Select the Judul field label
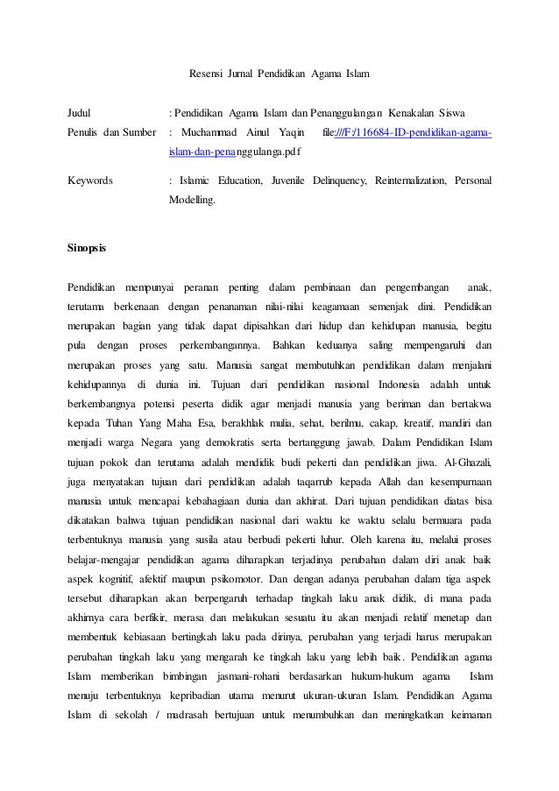pyautogui.click(x=81, y=113)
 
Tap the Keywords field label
pyautogui.click(x=90, y=180)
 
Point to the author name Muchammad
pyautogui.click(x=216, y=133)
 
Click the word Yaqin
pyautogui.click(x=291, y=133)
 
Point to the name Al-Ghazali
pyautogui.click(x=468, y=461)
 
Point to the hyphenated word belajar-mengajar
pyautogui.click(x=108, y=560)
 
